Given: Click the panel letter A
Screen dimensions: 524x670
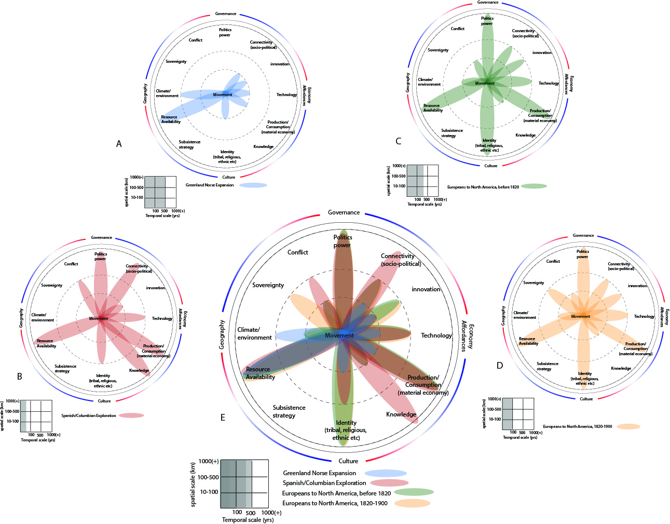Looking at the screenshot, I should coord(119,144).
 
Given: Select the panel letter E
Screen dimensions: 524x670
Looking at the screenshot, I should coord(223,417).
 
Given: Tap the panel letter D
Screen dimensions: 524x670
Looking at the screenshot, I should coord(500,366).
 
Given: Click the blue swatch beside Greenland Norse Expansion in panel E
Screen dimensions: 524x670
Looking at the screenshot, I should coord(386,473).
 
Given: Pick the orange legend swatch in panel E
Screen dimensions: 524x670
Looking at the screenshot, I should coord(412,503).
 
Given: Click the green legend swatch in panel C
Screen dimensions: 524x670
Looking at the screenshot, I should coord(534,186).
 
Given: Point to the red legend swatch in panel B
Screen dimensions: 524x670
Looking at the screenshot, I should coord(131,415).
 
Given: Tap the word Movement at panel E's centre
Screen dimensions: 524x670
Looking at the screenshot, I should coord(339,335).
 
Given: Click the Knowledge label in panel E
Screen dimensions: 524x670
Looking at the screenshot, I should coord(401,414).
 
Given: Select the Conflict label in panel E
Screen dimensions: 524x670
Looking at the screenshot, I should coord(298,252).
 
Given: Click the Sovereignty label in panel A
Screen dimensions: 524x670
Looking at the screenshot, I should coord(176,62).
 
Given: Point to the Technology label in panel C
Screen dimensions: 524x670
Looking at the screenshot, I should coord(549,83).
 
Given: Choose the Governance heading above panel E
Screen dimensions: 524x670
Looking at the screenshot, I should coord(344,212).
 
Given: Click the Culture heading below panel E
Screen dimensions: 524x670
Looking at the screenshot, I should coord(348,461).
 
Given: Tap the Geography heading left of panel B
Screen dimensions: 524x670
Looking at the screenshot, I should coord(21,318).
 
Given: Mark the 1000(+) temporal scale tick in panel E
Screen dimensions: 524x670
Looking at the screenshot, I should coord(272,513).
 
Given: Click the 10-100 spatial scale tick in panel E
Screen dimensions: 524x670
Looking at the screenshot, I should coord(209,492).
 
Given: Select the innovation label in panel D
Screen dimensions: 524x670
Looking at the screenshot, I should coord(637,286).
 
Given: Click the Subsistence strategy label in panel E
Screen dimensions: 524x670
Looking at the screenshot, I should coord(289,411).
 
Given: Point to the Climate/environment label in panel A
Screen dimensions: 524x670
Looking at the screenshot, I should coord(167,93).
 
